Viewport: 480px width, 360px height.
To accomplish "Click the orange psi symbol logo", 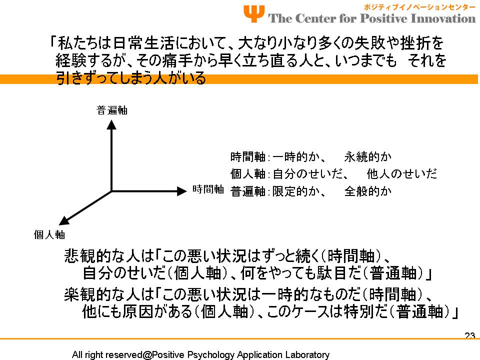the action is (x=254, y=14).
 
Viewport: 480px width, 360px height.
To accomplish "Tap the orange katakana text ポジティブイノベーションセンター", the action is (x=419, y=6).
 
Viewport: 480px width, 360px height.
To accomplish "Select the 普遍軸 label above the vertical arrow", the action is (x=111, y=110).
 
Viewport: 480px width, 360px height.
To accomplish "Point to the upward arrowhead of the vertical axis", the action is (x=111, y=124).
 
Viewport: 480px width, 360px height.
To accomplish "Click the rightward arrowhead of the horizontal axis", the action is (x=182, y=191).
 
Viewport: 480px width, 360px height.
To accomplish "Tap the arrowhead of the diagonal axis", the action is (x=63, y=220).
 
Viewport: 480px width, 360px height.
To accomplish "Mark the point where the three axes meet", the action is (x=111, y=191).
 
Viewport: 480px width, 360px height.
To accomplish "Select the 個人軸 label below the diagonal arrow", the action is (x=49, y=235).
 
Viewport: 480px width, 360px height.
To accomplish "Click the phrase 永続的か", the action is (x=368, y=156).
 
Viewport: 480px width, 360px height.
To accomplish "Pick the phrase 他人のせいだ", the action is (x=401, y=174).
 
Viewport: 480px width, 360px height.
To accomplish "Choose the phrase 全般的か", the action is (x=368, y=191).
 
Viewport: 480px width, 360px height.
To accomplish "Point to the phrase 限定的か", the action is (x=296, y=191).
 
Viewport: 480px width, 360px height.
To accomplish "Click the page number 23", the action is (x=470, y=335).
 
